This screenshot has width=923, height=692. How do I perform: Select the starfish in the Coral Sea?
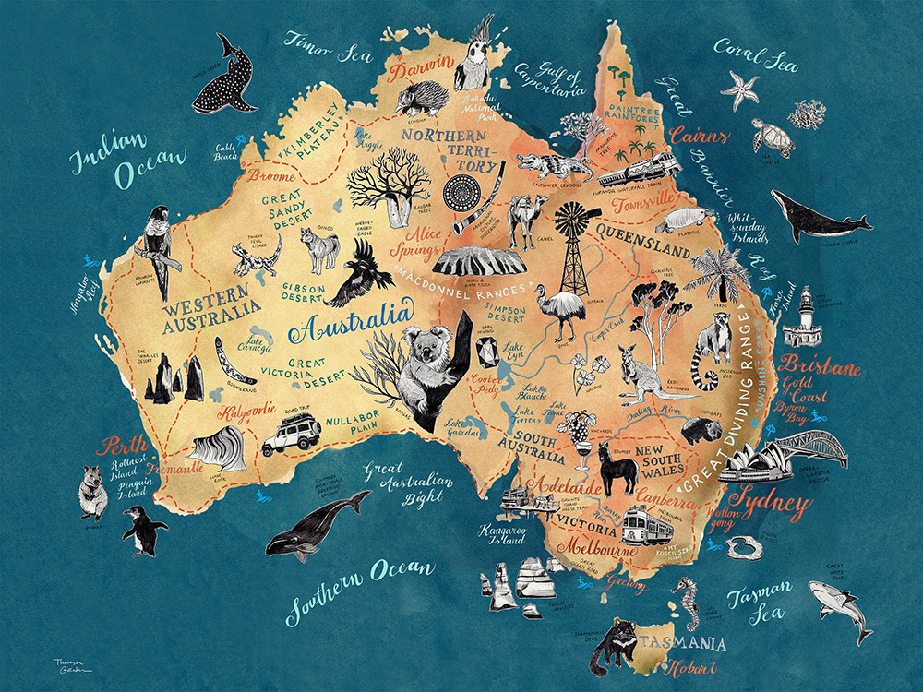tap(739, 90)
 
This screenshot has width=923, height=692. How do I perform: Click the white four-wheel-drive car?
tap(292, 435)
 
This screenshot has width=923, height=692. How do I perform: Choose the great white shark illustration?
tap(840, 605)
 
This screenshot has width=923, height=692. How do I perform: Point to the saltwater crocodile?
tap(554, 166)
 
